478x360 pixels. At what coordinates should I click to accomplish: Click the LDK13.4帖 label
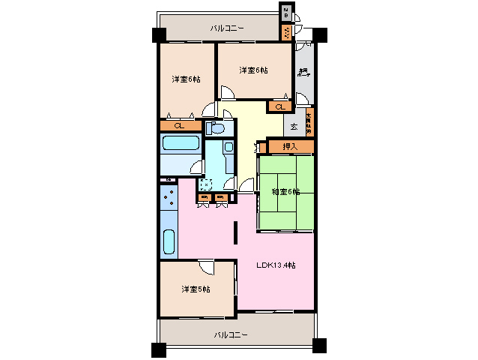(x=276, y=265)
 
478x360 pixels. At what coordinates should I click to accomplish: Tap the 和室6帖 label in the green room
(x=285, y=192)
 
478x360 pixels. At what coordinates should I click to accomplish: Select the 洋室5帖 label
(x=195, y=289)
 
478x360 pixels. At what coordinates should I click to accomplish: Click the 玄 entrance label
(x=294, y=127)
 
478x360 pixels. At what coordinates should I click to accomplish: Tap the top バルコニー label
(x=227, y=28)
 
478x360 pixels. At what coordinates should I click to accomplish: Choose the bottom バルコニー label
(x=231, y=334)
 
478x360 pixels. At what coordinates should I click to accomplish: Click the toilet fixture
(x=216, y=128)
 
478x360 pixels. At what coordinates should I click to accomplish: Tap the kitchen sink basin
(x=169, y=242)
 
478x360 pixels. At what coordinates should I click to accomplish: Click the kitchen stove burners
(x=168, y=199)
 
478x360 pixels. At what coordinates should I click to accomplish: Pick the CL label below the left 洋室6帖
(x=179, y=125)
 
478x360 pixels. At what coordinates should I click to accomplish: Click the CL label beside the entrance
(x=279, y=106)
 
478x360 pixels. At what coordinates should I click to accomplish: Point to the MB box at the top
(x=287, y=13)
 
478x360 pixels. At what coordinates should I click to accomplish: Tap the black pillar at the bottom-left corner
(x=157, y=349)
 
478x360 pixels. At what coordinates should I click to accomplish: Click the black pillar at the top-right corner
(x=321, y=34)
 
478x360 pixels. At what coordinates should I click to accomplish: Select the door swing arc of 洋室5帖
(x=207, y=268)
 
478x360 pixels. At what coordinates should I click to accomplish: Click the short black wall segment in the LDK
(x=236, y=232)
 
